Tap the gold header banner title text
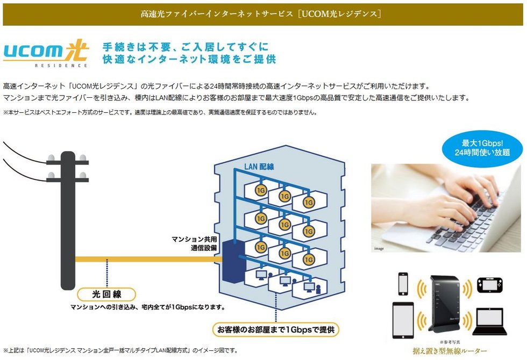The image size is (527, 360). [x=261, y=14]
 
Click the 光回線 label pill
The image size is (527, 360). [x=106, y=294]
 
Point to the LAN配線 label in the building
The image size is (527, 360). [x=259, y=166]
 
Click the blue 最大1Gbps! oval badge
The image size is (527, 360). [x=482, y=148]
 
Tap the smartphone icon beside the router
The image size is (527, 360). [x=403, y=284]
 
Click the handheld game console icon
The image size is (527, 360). [x=489, y=285]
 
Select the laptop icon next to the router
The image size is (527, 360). [x=489, y=322]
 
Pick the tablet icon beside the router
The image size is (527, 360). [x=403, y=320]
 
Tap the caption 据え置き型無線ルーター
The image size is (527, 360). [x=450, y=351]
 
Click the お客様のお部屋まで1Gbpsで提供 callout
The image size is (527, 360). [x=275, y=330]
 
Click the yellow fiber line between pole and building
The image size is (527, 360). [x=148, y=259]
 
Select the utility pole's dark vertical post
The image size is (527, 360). [x=68, y=220]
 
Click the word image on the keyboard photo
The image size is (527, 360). [x=379, y=248]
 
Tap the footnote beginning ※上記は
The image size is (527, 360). [x=121, y=350]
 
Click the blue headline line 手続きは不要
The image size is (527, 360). [x=186, y=47]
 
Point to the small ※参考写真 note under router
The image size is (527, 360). [x=450, y=342]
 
